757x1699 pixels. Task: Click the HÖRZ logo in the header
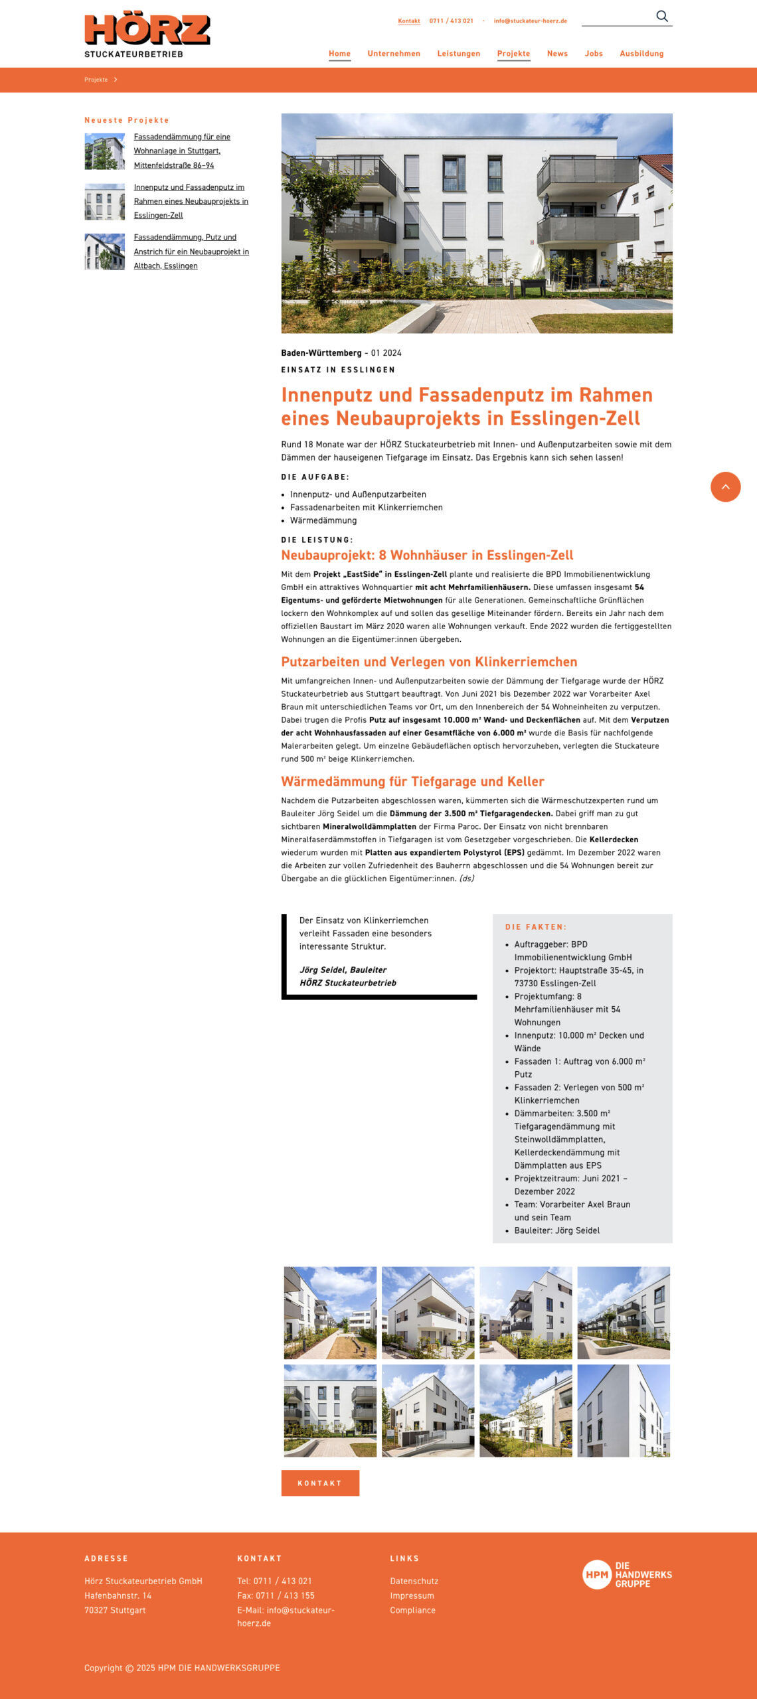click(147, 35)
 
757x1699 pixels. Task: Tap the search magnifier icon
click(661, 16)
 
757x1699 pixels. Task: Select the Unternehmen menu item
click(394, 54)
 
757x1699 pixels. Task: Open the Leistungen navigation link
click(458, 54)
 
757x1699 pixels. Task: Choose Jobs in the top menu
click(594, 54)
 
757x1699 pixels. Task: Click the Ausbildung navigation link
click(641, 54)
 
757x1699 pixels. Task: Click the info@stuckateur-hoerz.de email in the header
click(530, 21)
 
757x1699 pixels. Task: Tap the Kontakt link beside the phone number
click(409, 21)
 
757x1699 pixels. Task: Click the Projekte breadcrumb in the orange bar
click(96, 80)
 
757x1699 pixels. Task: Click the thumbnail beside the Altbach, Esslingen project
click(104, 252)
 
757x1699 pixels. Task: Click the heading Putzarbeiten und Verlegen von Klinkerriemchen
click(429, 662)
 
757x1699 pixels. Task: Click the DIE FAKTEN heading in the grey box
click(536, 927)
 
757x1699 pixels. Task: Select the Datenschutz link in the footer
click(414, 1582)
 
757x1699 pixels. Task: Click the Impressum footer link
click(412, 1596)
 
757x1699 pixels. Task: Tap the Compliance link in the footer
click(413, 1611)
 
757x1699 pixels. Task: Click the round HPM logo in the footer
click(596, 1575)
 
